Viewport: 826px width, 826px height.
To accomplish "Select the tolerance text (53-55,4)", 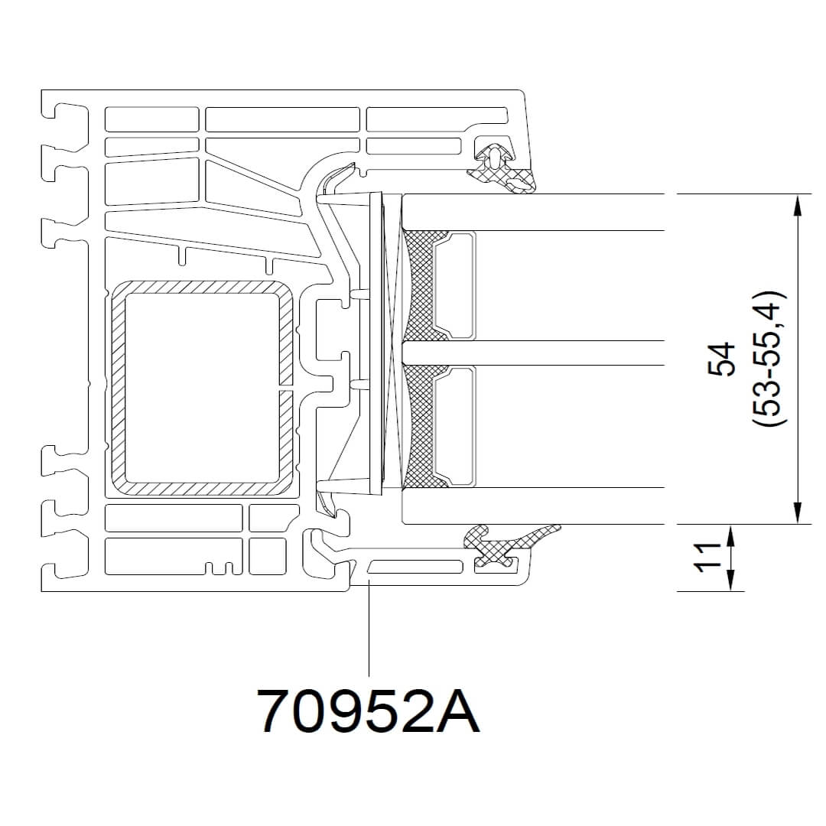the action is click(769, 359).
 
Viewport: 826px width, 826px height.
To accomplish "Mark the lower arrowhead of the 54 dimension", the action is click(798, 513).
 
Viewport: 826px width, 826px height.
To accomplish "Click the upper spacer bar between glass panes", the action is click(454, 285).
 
